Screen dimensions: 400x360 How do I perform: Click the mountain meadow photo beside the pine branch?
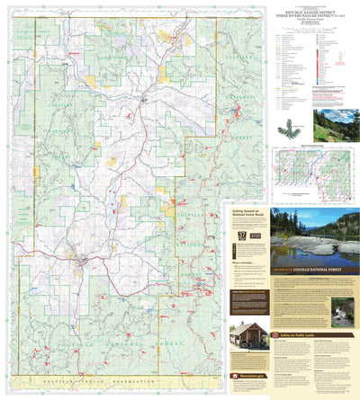tap(336, 126)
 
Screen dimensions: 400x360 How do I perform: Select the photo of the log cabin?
tap(247, 337)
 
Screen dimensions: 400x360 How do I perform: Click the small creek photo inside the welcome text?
tap(342, 311)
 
